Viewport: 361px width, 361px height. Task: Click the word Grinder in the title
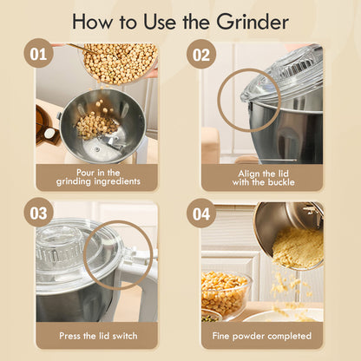point(249,21)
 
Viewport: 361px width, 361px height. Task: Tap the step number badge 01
point(37,54)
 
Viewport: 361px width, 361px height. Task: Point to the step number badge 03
point(37,212)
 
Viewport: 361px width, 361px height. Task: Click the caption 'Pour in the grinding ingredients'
point(96,177)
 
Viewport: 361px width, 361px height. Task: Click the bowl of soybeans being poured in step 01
point(119,62)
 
